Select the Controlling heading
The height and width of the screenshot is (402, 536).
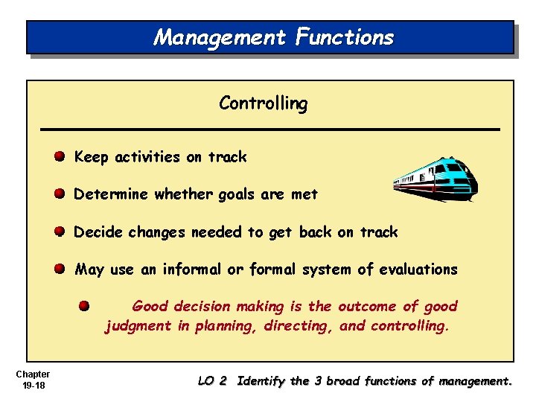coord(263,103)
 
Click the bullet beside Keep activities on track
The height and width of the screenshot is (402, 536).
coord(59,157)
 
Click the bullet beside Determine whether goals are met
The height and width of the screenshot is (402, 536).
coord(59,194)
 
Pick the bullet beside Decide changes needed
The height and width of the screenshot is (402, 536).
coord(59,232)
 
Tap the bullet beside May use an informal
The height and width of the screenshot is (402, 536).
coord(59,269)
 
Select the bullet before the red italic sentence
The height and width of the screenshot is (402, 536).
coord(85,306)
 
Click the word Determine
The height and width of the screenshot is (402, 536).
coord(111,194)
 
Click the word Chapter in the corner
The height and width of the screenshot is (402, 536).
coord(32,374)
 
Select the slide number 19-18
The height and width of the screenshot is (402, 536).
coord(32,385)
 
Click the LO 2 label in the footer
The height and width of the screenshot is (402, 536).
coord(212,381)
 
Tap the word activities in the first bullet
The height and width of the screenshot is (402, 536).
coord(146,157)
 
